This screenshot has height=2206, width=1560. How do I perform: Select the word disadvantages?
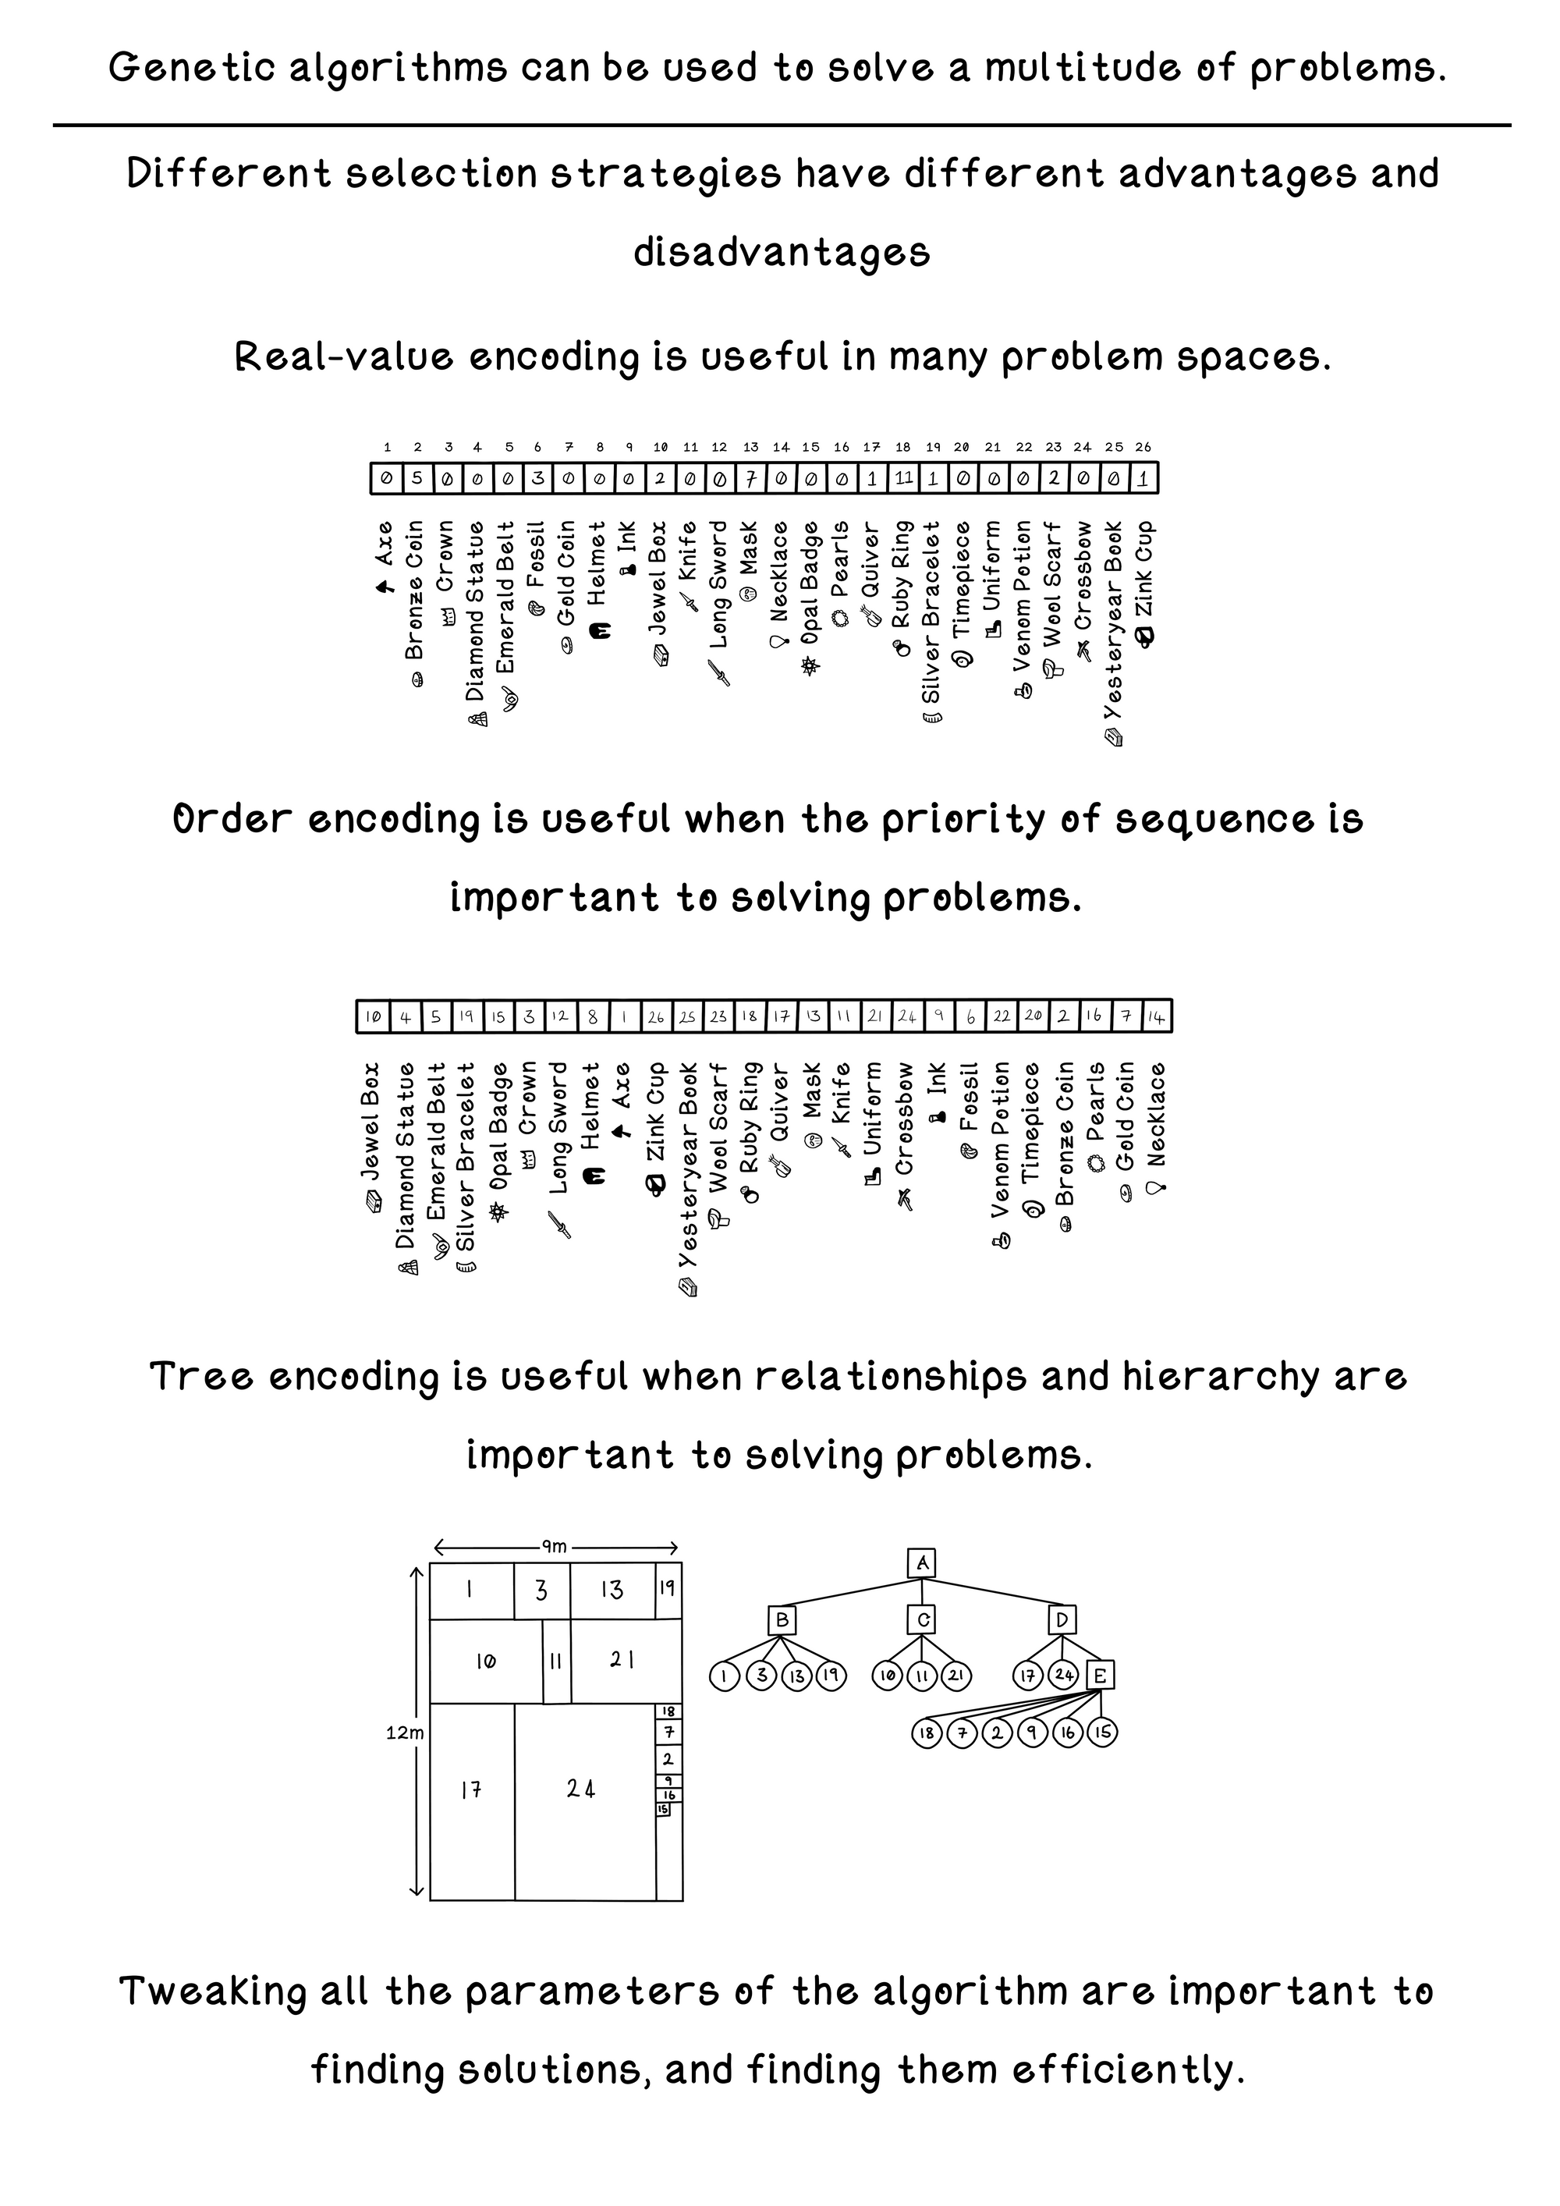781,253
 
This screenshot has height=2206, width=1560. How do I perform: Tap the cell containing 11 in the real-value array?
902,477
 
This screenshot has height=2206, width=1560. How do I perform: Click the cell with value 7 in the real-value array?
751,477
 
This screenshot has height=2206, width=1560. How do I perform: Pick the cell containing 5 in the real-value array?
417,477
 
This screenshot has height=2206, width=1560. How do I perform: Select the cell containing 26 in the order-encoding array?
655,1016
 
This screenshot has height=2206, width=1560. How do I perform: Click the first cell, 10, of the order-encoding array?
373,1016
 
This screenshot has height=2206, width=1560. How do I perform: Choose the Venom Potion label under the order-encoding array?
1001,1148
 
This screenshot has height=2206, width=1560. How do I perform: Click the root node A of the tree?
922,1563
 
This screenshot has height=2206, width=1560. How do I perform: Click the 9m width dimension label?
555,1547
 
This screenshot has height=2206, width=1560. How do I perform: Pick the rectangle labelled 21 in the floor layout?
622,1659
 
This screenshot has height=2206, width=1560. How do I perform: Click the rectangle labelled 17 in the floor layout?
470,1790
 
